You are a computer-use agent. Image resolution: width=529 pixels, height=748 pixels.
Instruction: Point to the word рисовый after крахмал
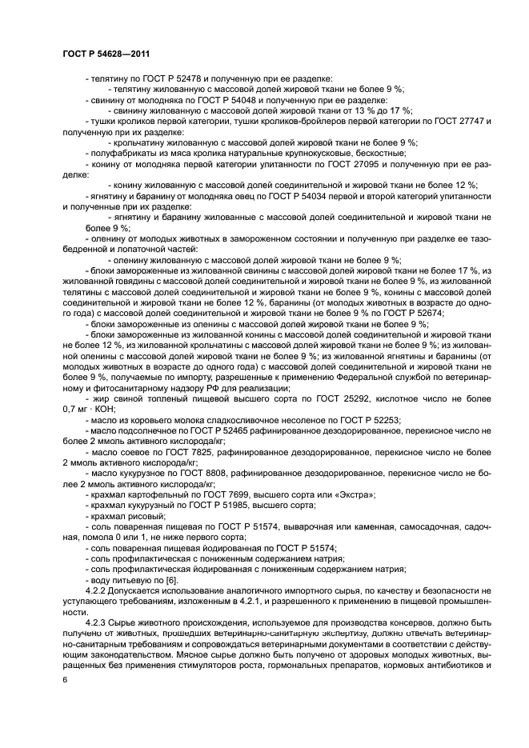[144, 516]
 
